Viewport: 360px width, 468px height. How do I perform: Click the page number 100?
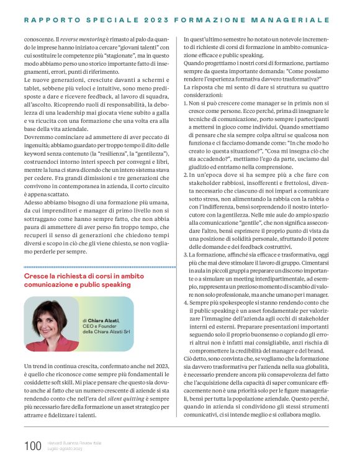pyautogui.click(x=32, y=446)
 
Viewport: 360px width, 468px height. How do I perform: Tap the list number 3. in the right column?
pyautogui.click(x=186, y=254)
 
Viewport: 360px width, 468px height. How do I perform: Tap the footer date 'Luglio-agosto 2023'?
pyautogui.click(x=65, y=449)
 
